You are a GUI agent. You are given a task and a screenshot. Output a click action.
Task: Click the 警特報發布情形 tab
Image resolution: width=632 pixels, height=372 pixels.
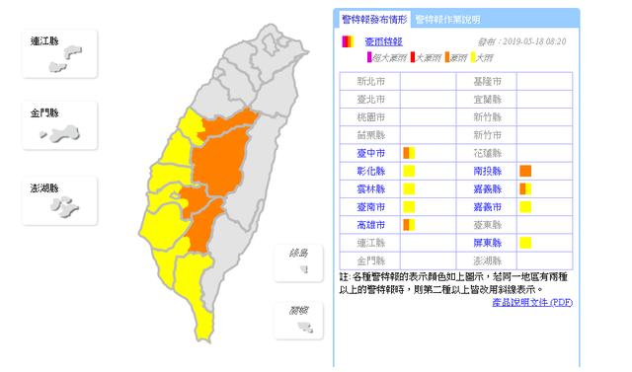point(372,19)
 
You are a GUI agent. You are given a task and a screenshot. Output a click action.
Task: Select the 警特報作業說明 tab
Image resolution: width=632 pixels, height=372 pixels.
point(447,19)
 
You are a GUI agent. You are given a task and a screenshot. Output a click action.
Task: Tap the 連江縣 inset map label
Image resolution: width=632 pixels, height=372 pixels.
point(45,41)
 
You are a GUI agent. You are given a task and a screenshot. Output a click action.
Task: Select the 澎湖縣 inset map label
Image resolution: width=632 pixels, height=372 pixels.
point(45,187)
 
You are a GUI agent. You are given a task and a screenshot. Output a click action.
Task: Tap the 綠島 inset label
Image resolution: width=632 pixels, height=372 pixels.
point(298,253)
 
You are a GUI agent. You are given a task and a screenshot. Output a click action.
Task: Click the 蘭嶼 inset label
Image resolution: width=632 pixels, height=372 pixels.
point(298,310)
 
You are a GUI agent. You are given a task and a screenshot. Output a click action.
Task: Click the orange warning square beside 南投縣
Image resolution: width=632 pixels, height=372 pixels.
point(525,171)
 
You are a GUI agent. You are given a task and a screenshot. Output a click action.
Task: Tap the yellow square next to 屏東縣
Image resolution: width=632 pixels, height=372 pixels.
point(525,242)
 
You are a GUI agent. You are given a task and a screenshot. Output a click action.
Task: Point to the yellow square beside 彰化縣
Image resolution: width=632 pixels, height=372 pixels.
point(408,171)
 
